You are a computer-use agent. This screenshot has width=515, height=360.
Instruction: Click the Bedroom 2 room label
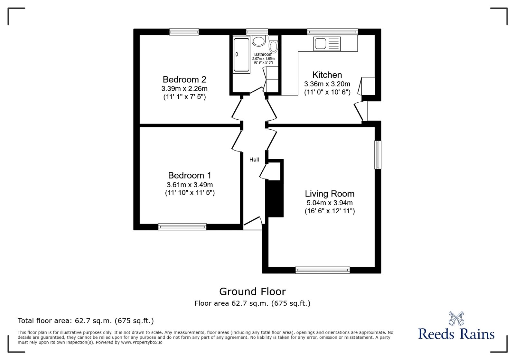point(184,79)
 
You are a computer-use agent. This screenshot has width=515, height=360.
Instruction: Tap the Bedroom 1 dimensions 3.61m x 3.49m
point(190,185)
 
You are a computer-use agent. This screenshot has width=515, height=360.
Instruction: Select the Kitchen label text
point(327,75)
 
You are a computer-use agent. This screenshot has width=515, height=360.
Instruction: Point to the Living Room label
point(330,194)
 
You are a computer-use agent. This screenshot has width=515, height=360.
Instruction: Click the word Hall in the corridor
point(254,160)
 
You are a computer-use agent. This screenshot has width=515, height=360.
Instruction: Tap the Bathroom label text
point(263,54)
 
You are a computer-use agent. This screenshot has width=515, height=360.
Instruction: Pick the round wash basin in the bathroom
point(258,41)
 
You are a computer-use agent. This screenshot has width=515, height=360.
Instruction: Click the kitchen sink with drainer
point(327,44)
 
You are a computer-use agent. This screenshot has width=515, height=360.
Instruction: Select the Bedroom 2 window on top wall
point(184,32)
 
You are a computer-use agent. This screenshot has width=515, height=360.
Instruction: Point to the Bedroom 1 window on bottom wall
point(182,227)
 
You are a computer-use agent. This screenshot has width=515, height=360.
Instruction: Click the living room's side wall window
point(378,154)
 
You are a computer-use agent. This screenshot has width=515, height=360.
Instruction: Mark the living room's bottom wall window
point(323,270)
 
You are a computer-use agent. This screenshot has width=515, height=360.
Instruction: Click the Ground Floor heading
point(252,291)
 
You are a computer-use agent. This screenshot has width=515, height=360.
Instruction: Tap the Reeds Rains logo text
point(456,334)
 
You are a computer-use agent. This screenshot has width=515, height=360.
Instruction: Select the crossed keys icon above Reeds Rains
point(456,318)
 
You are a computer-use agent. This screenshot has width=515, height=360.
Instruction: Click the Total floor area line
point(86,321)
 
